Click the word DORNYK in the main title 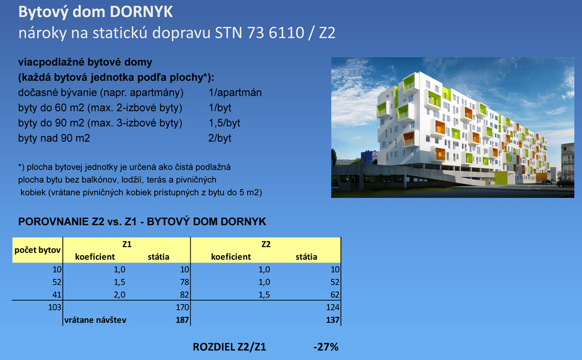coord(141,12)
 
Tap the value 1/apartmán coord(235,93)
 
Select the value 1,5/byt coord(224,123)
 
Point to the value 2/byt coord(220,139)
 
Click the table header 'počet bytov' coord(37,250)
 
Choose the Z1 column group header coord(127,244)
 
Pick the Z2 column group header coord(266,244)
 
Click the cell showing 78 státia coord(185,282)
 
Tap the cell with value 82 coord(185,295)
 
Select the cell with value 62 coord(335,295)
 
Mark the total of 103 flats coord(55,308)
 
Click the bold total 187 coord(182,320)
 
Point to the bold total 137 coord(333,320)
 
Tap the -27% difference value coord(326,347)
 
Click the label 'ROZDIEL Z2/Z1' coord(229,347)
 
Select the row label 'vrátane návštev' coord(96,320)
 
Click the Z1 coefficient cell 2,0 coord(120,295)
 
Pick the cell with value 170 coord(182,308)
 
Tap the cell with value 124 coord(333,308)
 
